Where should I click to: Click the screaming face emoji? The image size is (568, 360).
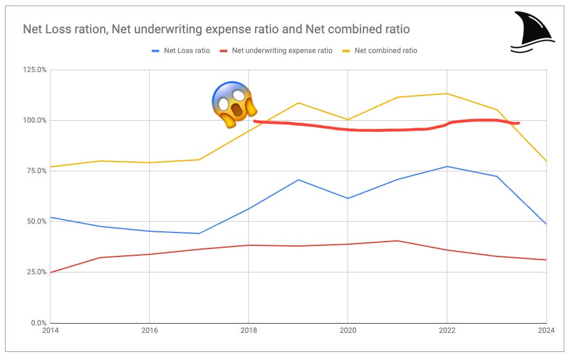click(233, 104)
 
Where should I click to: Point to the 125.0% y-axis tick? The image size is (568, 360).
click(34, 70)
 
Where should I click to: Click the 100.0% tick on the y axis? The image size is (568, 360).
click(34, 120)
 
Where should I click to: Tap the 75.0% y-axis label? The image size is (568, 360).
click(36, 171)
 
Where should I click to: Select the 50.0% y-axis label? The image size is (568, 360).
click(36, 221)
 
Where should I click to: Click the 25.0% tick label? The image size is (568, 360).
click(36, 272)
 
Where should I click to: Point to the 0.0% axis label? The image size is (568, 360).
click(38, 322)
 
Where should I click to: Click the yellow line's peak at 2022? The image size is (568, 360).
click(447, 94)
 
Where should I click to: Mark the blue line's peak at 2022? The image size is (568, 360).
click(447, 166)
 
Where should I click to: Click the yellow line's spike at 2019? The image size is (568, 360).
click(299, 103)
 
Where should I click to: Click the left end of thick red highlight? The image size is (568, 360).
click(255, 121)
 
